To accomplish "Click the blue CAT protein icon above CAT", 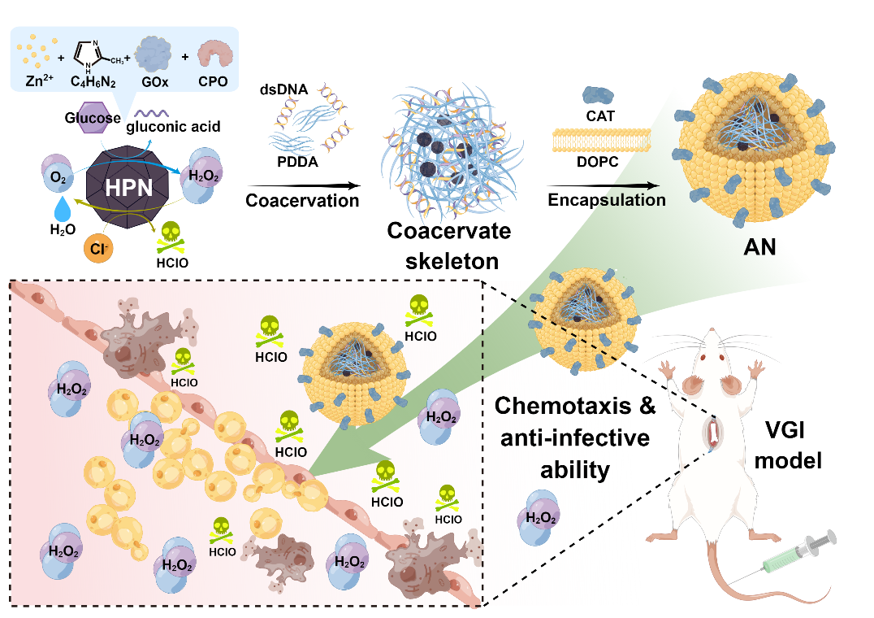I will [x=599, y=95].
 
